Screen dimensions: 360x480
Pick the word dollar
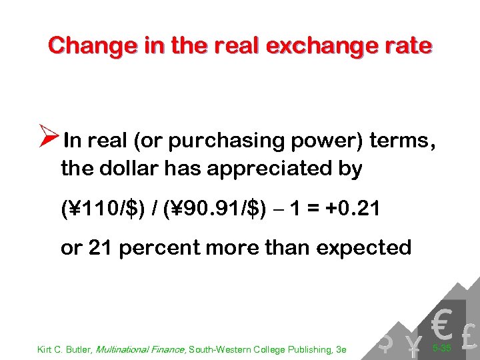point(125,169)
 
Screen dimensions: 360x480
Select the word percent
point(157,248)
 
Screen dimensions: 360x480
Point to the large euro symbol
point(440,325)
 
